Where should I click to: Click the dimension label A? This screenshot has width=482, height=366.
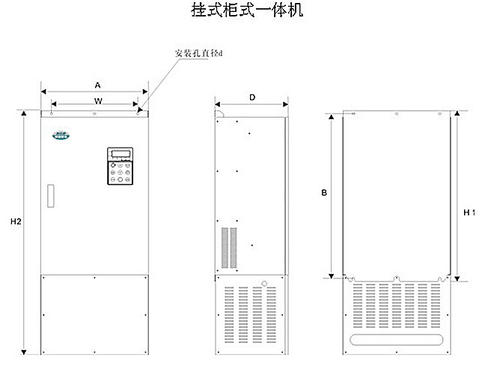[97, 85]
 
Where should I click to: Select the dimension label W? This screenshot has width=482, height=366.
[97, 100]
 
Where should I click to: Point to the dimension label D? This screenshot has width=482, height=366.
[251, 97]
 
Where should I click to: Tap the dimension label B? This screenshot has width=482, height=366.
[324, 193]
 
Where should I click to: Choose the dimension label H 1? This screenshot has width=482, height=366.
[467, 213]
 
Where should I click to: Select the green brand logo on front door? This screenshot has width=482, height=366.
[59, 135]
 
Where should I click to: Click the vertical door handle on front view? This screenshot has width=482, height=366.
[50, 196]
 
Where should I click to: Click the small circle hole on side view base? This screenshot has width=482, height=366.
[264, 284]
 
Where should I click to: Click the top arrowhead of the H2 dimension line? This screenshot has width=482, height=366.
[25, 115]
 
